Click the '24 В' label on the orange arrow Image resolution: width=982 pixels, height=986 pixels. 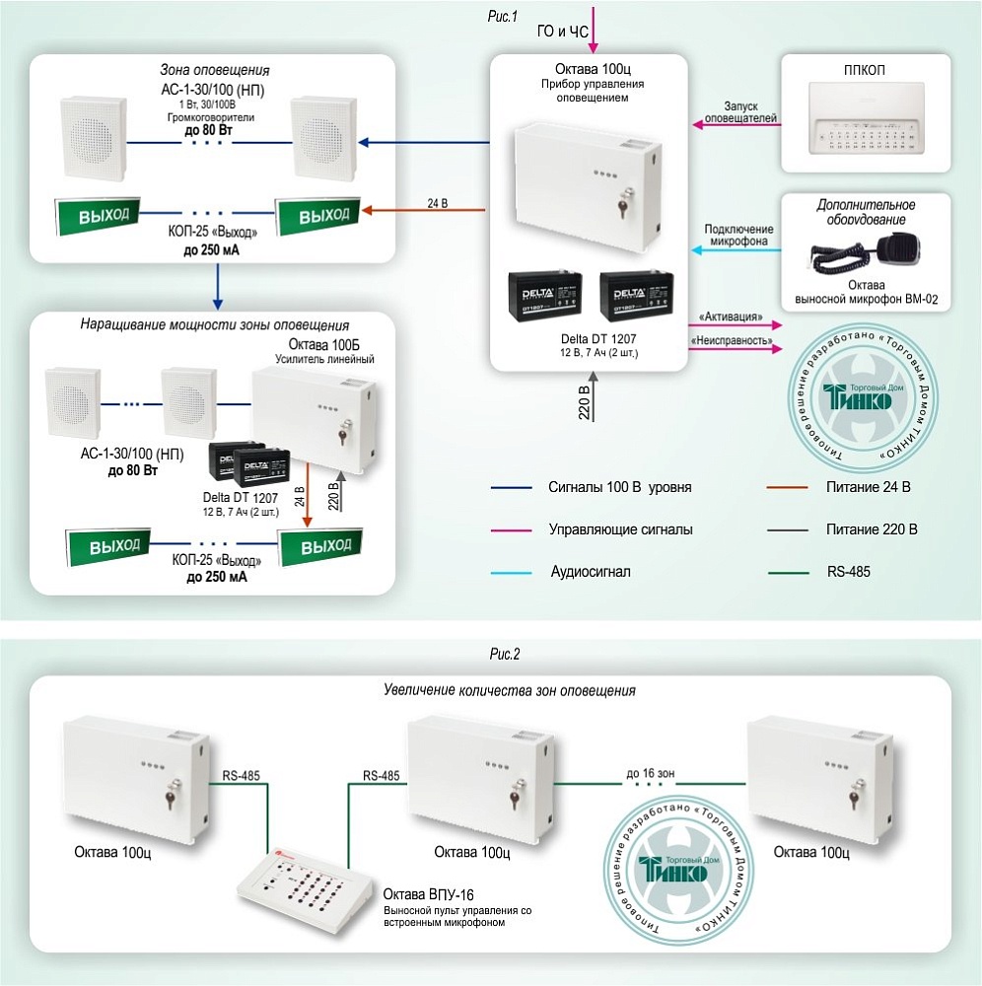(437, 204)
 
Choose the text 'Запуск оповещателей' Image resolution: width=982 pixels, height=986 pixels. (736, 111)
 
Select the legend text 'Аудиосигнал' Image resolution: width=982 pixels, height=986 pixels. (590, 572)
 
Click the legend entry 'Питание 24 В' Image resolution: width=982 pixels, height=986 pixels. (868, 487)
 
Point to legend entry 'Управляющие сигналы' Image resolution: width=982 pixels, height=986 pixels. (620, 529)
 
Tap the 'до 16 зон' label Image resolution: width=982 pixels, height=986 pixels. (652, 774)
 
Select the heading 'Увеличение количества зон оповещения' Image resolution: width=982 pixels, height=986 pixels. (509, 690)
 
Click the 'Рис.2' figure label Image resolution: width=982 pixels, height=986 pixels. (504, 654)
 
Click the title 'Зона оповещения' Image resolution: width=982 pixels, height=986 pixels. (214, 71)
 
